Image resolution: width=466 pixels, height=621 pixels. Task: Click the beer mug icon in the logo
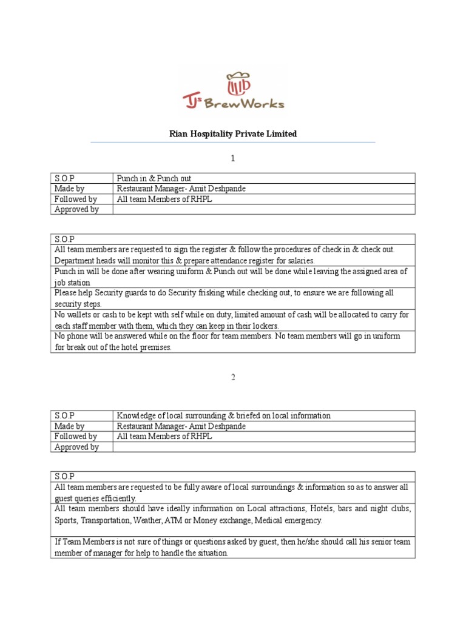tap(238, 84)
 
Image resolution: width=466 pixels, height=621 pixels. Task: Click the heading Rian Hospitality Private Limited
tap(233, 133)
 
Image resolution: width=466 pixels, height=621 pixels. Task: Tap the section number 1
tap(232, 158)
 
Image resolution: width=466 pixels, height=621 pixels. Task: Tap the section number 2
tap(232, 377)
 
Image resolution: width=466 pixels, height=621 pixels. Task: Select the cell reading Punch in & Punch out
tap(154, 178)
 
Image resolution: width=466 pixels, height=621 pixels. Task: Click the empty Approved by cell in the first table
tap(265, 209)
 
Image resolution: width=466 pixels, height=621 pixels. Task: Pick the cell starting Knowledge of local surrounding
tap(223, 415)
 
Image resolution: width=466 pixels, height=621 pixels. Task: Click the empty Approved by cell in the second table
tap(265, 447)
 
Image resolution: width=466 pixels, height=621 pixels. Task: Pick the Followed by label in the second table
tap(76, 437)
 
